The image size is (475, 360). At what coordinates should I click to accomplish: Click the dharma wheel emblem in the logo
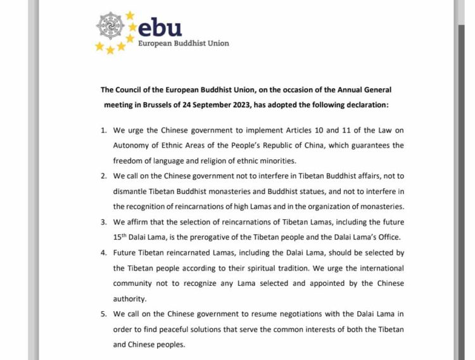click(x=111, y=26)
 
